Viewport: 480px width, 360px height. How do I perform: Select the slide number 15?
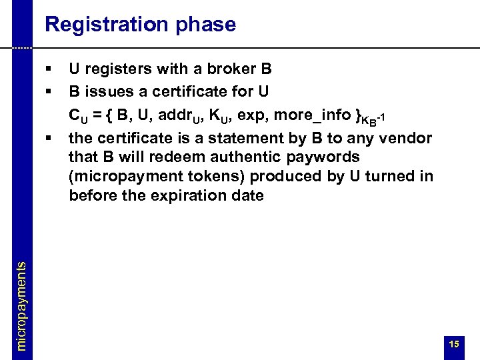pos(454,344)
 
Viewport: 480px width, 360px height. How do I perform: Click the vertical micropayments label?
pos(21,305)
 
